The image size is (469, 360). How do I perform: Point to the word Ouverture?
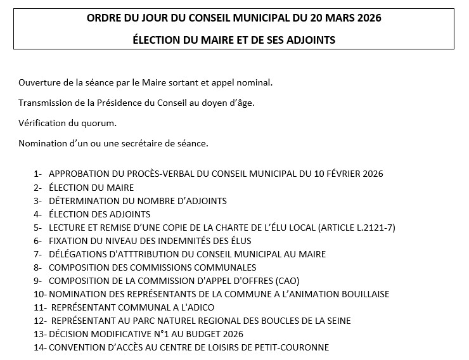(x=39, y=83)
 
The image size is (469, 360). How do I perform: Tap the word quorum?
(x=99, y=123)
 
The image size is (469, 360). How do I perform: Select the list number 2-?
(x=38, y=188)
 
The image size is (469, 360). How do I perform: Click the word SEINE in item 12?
(x=337, y=321)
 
